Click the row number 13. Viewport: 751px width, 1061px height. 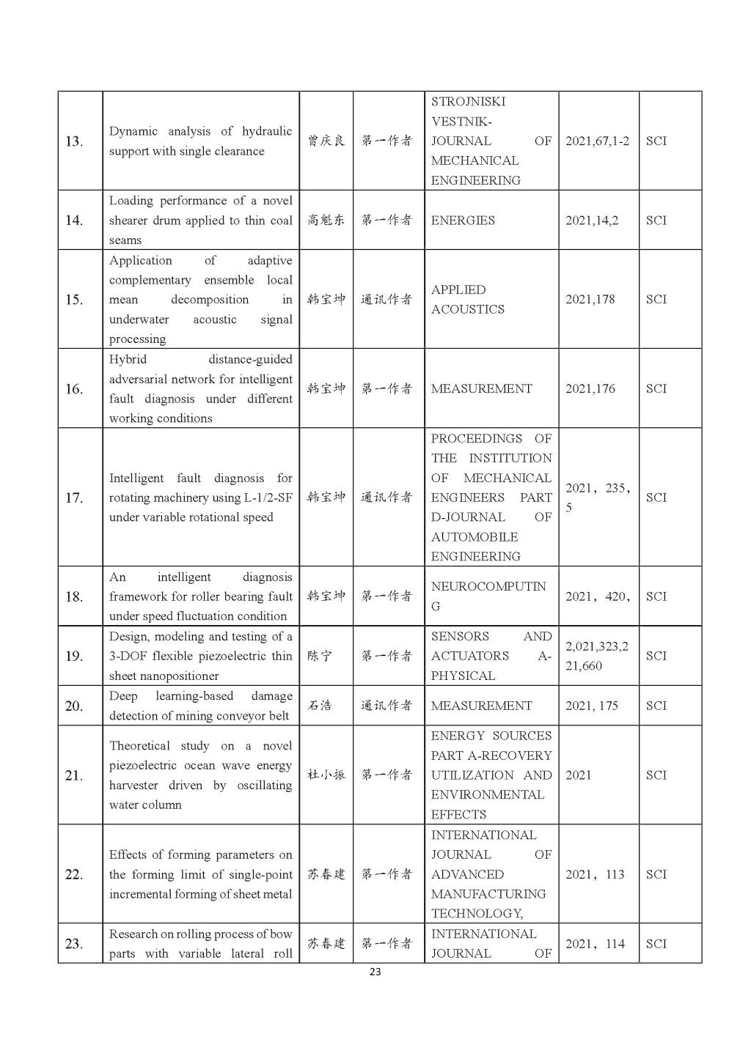click(x=74, y=141)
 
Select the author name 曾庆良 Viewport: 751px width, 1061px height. click(x=326, y=141)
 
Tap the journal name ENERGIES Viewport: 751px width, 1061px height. click(x=463, y=221)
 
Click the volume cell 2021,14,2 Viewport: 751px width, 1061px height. click(x=591, y=221)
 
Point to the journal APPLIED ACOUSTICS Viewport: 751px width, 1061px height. click(x=467, y=300)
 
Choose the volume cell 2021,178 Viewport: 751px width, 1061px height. click(x=590, y=300)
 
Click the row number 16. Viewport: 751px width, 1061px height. click(x=74, y=389)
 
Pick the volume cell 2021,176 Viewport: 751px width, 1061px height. click(x=590, y=389)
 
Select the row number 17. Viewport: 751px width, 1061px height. click(x=74, y=498)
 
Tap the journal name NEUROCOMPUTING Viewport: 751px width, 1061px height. click(x=488, y=596)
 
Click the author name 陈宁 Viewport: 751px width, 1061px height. click(x=320, y=656)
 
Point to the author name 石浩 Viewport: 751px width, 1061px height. click(x=320, y=706)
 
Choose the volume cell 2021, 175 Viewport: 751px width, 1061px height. click(x=591, y=706)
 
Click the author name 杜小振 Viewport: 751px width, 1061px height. click(x=326, y=775)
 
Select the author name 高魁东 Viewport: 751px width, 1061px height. click(x=326, y=221)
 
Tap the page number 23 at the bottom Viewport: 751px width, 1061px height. click(x=375, y=972)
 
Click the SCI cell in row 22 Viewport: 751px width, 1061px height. click(x=656, y=874)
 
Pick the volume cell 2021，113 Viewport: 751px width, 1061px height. click(x=595, y=874)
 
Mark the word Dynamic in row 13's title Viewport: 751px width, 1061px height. click(x=133, y=132)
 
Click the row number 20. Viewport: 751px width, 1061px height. click(x=74, y=706)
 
